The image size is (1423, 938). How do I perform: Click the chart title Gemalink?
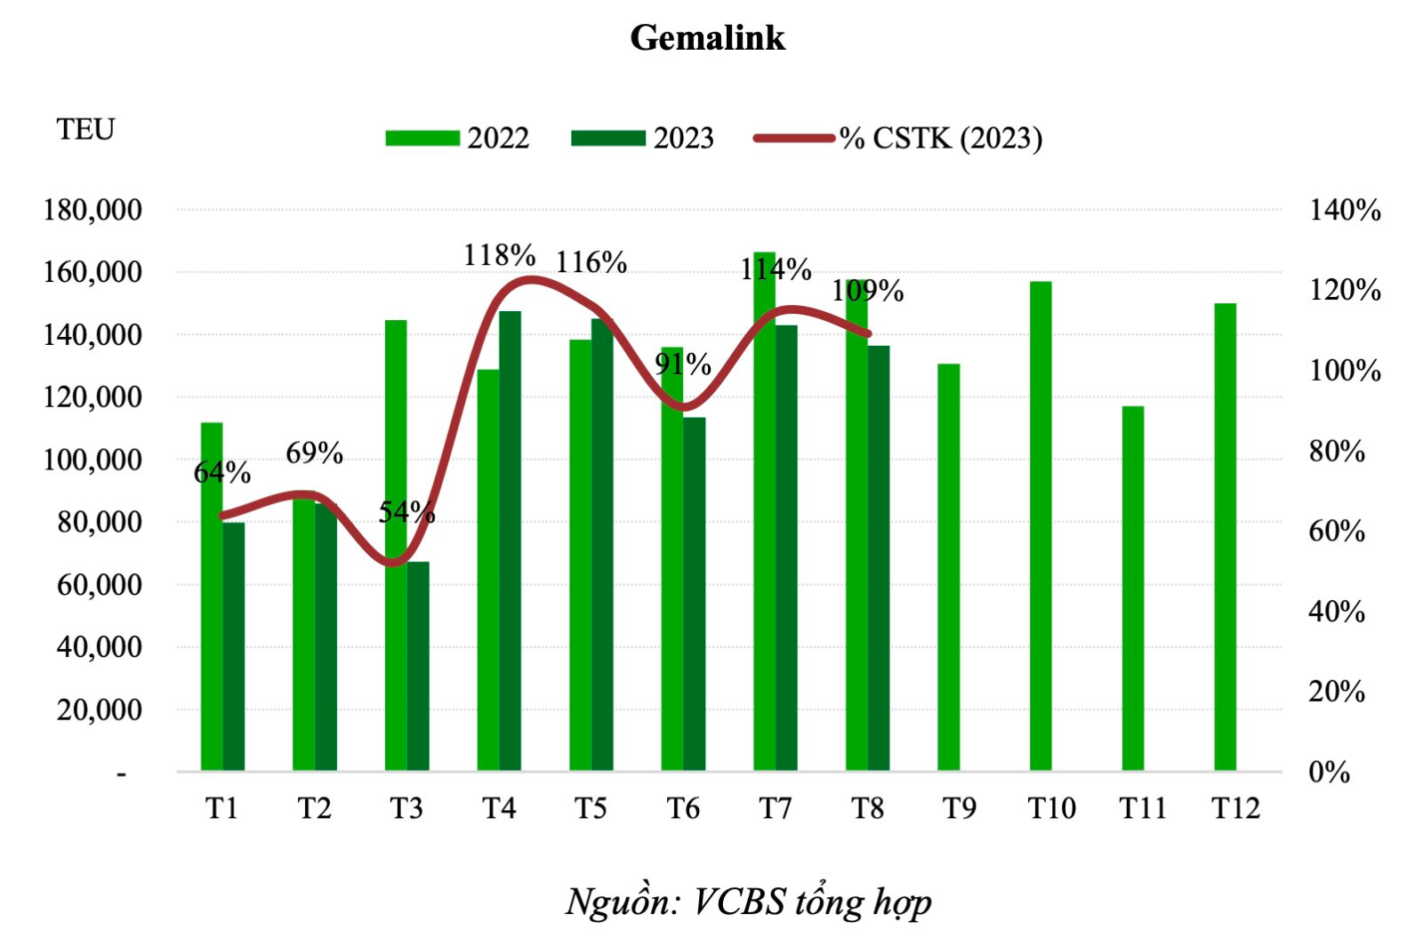[707, 37]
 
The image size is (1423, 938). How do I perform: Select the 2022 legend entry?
[457, 138]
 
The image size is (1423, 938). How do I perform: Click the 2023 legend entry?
[642, 138]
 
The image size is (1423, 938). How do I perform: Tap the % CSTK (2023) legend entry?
[898, 138]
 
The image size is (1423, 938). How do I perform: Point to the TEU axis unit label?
[85, 130]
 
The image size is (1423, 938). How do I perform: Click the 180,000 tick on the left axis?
[92, 210]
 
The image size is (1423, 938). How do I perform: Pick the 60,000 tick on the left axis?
[99, 585]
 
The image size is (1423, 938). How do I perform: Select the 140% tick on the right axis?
[1344, 210]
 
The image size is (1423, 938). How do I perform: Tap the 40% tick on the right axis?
[1336, 612]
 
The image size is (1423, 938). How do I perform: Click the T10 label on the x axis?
[1051, 808]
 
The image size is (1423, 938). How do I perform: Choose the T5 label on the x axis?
[591, 808]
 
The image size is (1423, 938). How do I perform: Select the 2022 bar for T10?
[1041, 525]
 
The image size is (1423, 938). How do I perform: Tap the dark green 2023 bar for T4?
[510, 541]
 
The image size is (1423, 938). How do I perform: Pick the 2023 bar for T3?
[418, 666]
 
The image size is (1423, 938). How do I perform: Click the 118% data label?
[499, 255]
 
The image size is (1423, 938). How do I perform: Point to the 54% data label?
[406, 511]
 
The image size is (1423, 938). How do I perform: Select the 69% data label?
[314, 453]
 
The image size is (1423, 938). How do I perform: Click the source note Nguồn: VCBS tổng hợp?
[748, 902]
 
